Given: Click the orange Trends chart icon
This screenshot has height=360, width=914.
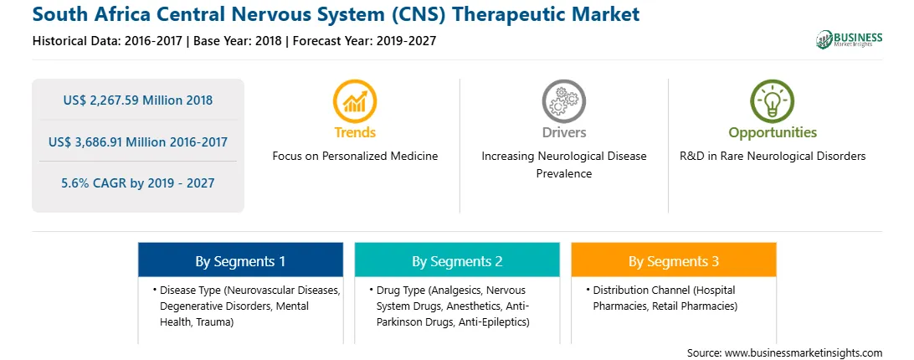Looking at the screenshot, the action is [354, 101].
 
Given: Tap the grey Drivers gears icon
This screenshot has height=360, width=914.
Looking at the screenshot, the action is [563, 101].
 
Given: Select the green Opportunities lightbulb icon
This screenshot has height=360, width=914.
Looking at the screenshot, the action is [773, 101].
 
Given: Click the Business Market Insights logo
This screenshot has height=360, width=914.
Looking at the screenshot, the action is [849, 39].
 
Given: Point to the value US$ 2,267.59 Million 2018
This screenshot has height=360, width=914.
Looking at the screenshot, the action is [138, 100].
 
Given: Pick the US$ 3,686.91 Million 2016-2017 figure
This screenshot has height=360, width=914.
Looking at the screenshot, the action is [138, 141].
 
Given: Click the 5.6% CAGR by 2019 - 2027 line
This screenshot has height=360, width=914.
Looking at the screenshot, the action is [138, 183].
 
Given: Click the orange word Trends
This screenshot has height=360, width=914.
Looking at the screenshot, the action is [355, 132].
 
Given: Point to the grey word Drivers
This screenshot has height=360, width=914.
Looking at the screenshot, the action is [563, 132].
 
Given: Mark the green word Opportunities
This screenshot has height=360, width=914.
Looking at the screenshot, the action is [773, 132].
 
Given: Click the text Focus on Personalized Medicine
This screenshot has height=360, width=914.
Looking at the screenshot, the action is [355, 157].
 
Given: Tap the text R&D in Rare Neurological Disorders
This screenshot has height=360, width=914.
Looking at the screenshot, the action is [773, 157].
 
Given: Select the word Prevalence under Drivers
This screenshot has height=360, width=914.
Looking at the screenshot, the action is [563, 174].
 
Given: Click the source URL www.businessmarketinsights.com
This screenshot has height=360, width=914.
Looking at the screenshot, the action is [804, 353].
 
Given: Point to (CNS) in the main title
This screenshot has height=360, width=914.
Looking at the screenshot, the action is [413, 14].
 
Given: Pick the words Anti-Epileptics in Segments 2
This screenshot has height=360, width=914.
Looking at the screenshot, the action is [494, 321].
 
